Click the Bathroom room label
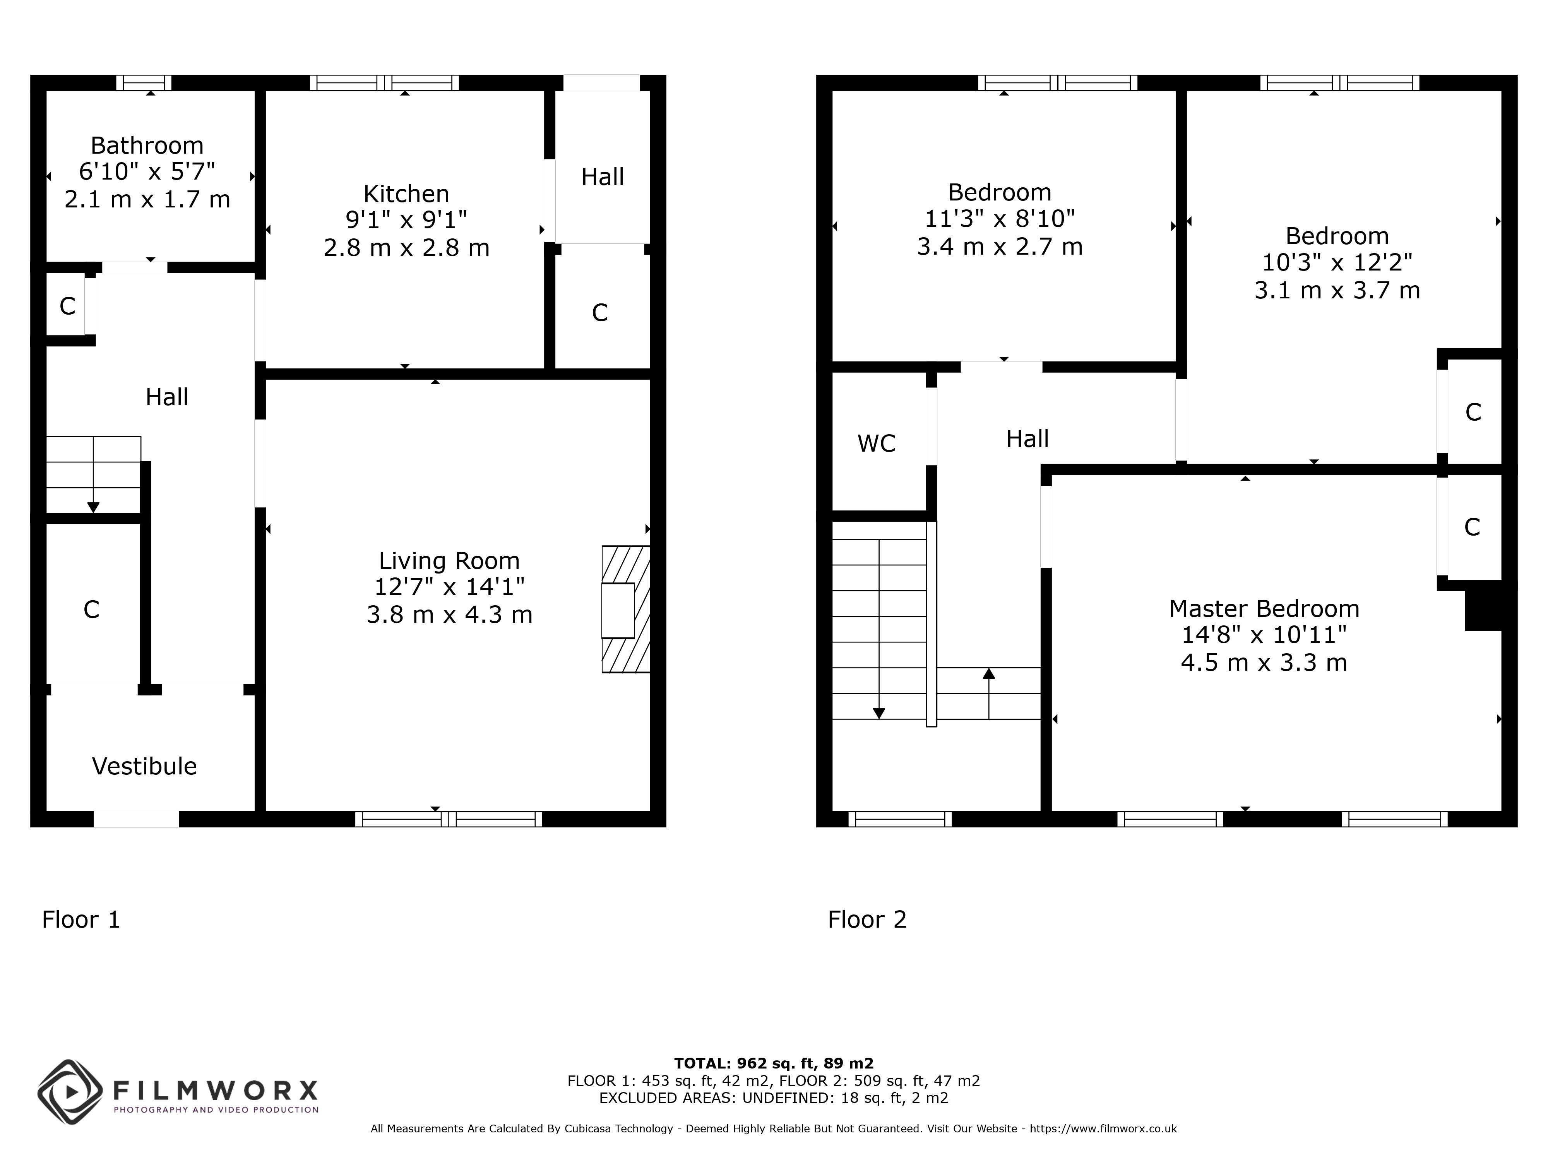(x=147, y=146)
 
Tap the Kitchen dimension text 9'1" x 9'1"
(x=406, y=220)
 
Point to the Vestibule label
(x=144, y=766)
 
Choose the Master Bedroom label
(x=1264, y=609)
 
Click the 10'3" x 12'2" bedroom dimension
(x=1337, y=262)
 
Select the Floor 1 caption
(x=81, y=920)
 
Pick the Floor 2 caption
(x=867, y=920)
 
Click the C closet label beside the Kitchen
(x=600, y=313)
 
